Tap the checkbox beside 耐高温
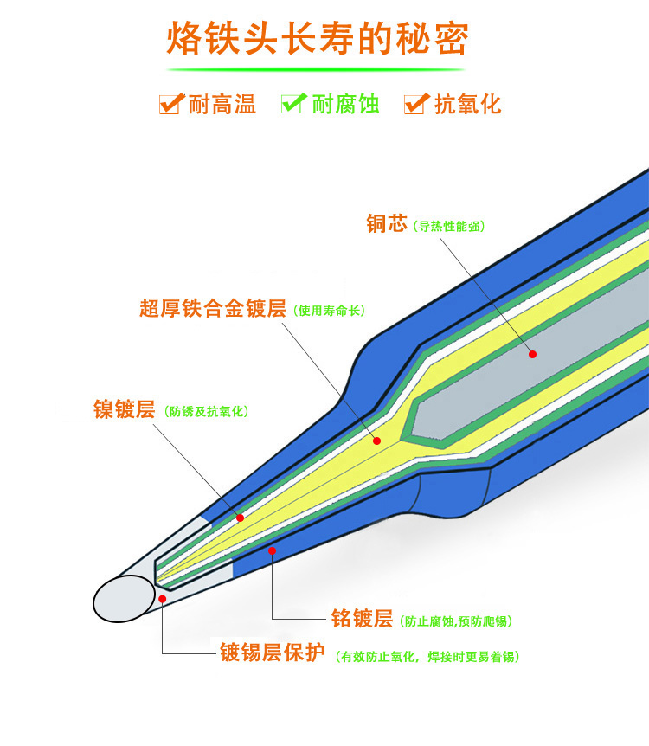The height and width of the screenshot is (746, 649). click(x=170, y=104)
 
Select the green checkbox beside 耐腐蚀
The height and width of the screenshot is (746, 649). click(x=293, y=104)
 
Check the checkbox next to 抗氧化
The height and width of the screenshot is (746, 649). click(x=416, y=104)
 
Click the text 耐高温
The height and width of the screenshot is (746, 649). click(x=222, y=106)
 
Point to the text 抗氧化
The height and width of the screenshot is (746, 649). click(x=468, y=106)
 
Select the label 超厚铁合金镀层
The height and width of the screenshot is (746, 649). click(x=213, y=309)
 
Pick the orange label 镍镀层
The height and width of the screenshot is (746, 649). click(x=124, y=409)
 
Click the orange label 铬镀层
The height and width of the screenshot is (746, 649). click(x=362, y=620)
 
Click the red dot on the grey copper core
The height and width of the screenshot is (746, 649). click(x=532, y=353)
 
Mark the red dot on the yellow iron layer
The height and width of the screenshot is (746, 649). click(x=376, y=441)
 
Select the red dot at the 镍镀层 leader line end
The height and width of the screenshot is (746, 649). click(x=240, y=518)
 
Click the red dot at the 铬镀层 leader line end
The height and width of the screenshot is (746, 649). click(x=272, y=550)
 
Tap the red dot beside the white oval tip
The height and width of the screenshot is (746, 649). click(x=162, y=597)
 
